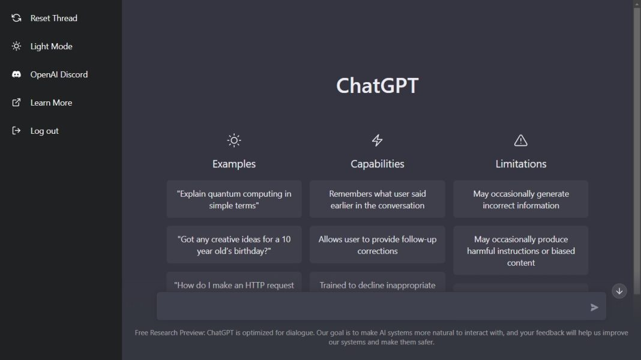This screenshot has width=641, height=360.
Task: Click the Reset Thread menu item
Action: (53, 18)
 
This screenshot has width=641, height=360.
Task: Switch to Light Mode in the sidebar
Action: (51, 46)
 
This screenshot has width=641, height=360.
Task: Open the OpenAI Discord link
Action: (59, 74)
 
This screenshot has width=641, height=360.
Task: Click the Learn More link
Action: (51, 103)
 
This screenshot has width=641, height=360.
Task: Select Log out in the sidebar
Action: (44, 131)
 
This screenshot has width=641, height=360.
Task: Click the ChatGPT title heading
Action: (377, 85)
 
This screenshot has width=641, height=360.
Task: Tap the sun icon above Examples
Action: (234, 140)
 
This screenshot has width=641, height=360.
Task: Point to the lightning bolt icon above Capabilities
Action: (377, 140)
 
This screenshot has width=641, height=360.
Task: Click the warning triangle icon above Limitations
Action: (520, 140)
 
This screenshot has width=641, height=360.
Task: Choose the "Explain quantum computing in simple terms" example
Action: (234, 199)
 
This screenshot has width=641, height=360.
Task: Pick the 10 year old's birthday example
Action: (234, 245)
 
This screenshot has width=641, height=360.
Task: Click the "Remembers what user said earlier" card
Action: (377, 199)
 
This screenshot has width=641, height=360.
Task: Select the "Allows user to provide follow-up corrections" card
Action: (377, 245)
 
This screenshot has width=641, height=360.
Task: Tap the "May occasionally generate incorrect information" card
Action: (520, 199)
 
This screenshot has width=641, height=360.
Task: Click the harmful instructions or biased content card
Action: (520, 251)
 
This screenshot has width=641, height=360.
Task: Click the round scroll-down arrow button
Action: (619, 291)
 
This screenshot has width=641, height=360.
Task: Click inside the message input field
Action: (372, 307)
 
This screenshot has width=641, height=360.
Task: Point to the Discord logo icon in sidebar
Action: (17, 74)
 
